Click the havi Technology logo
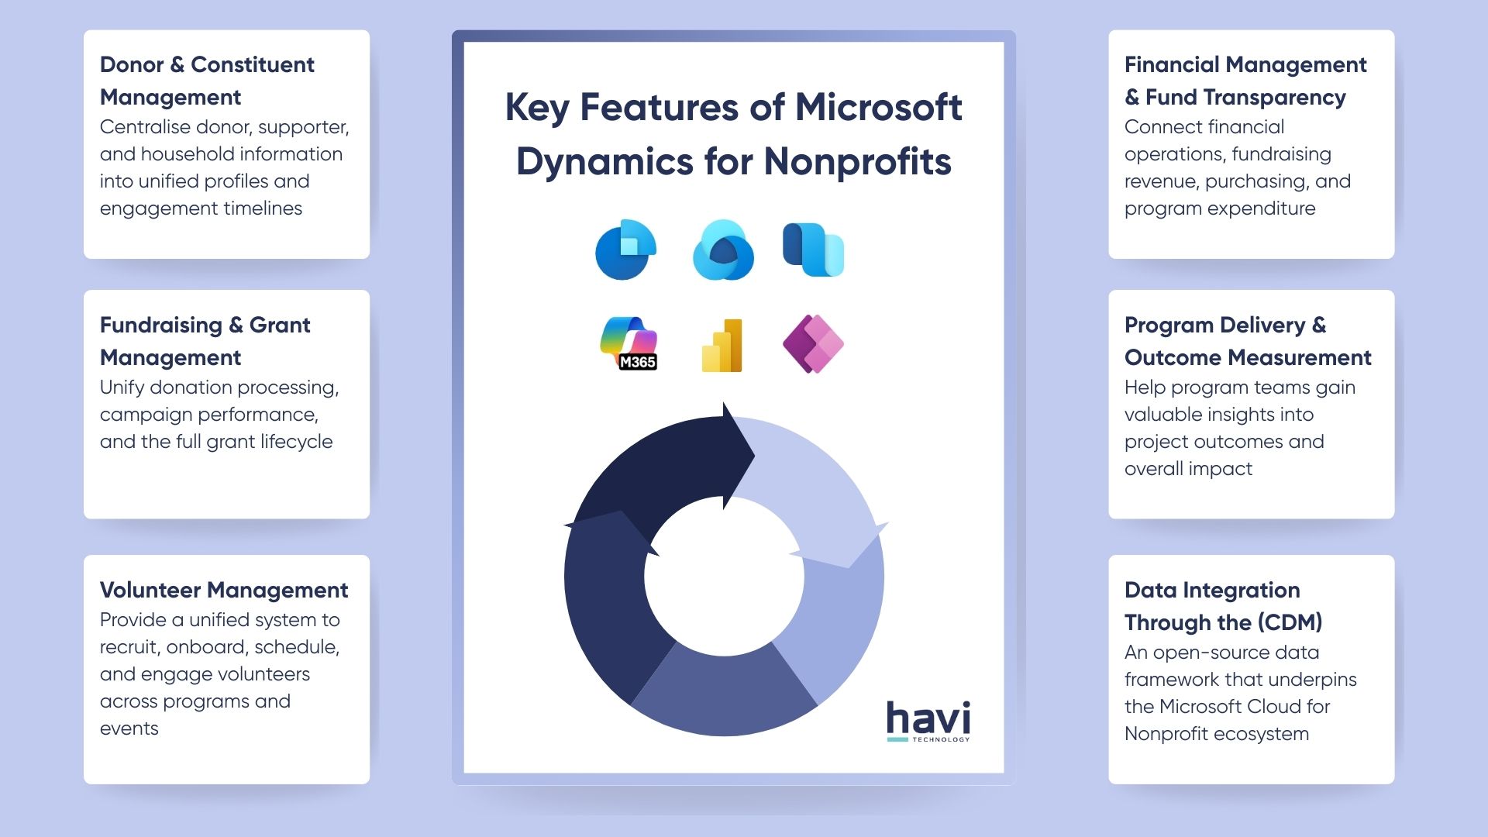click(928, 721)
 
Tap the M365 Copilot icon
click(629, 343)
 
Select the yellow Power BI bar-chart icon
click(722, 346)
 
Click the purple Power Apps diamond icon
click(813, 343)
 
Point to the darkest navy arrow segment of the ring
click(666, 465)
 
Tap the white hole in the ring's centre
click(724, 577)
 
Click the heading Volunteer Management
click(224, 591)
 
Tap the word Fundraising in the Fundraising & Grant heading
click(161, 325)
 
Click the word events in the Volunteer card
click(129, 728)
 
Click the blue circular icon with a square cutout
click(625, 250)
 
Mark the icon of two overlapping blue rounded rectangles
click(813, 250)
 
